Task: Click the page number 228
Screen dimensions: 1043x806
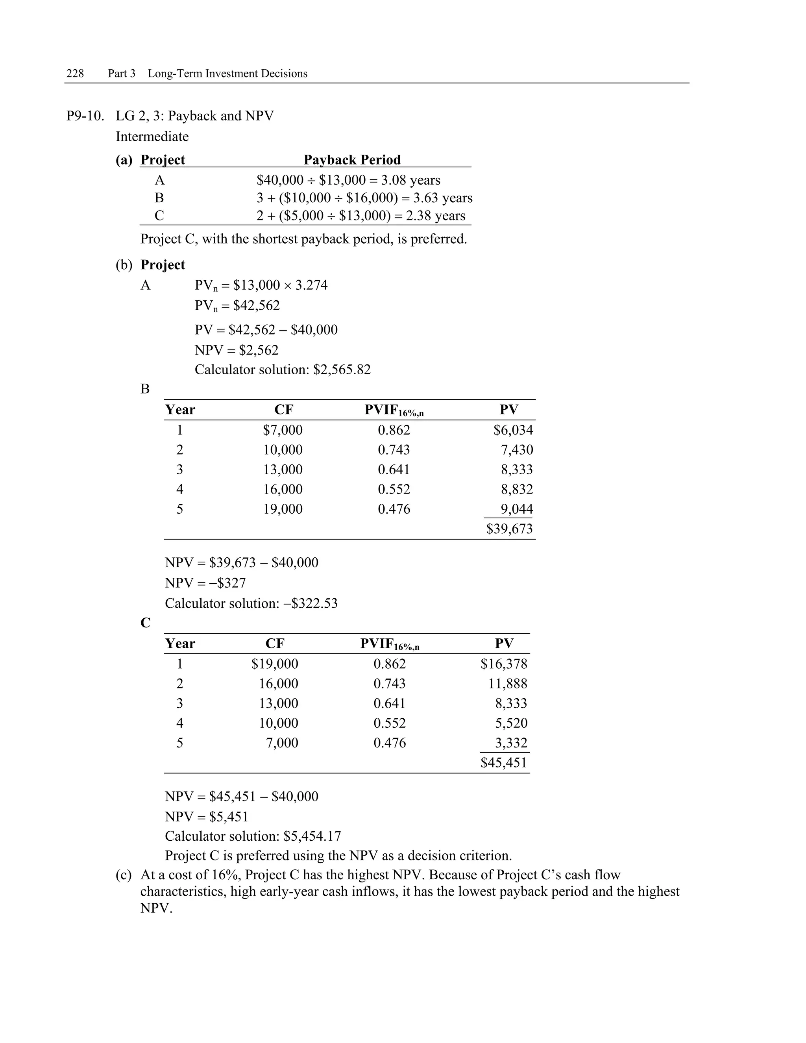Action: (75, 74)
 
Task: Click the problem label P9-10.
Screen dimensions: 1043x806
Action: (85, 116)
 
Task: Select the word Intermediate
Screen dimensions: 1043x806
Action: (152, 137)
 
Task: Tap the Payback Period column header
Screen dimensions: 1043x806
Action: (352, 159)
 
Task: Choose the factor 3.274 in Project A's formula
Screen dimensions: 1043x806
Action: (311, 285)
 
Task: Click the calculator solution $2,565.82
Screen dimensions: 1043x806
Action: (342, 370)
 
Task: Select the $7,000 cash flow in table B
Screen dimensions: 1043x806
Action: (283, 430)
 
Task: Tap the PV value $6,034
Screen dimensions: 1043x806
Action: (513, 430)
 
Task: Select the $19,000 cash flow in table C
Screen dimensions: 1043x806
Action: (275, 664)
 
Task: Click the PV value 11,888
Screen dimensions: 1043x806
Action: (508, 684)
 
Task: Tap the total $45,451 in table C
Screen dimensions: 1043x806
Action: (504, 763)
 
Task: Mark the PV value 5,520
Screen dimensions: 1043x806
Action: (511, 723)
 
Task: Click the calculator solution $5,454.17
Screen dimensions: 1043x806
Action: (312, 836)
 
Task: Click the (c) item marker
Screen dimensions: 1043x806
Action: (123, 875)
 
